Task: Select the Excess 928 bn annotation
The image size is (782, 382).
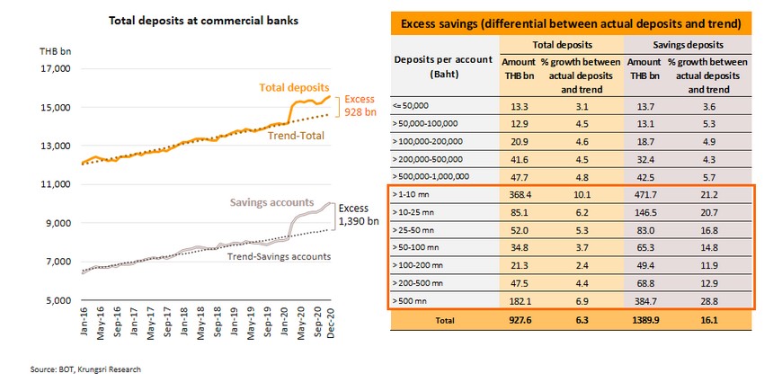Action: tap(358, 107)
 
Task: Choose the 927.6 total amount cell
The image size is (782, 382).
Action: tap(516, 320)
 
